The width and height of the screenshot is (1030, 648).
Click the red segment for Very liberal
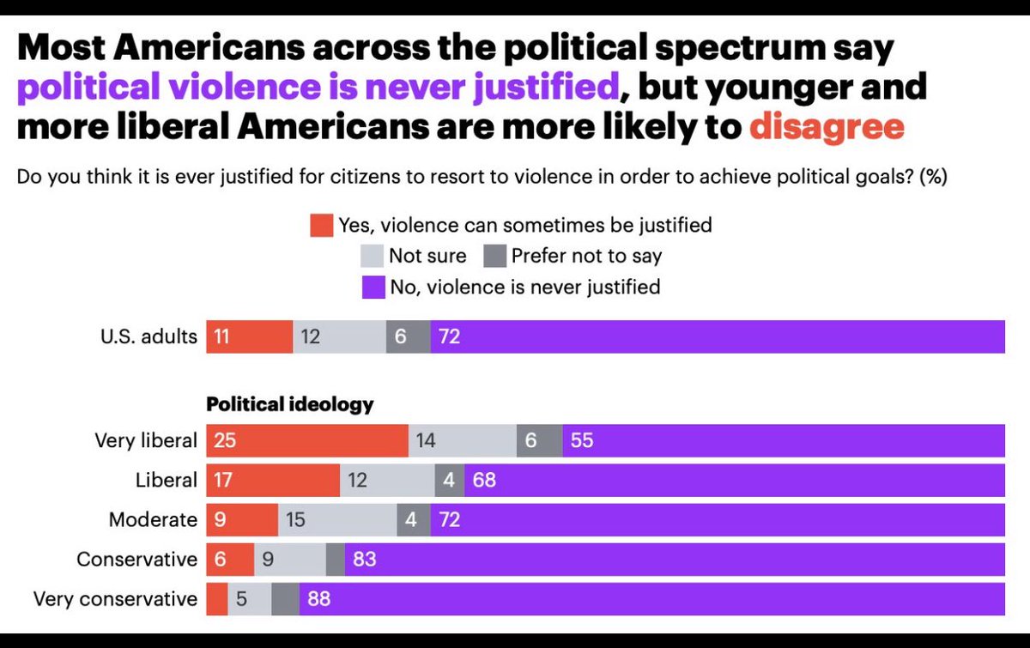(306, 441)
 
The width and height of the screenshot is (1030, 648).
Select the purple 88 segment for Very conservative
(651, 599)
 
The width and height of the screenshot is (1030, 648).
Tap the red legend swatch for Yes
(320, 226)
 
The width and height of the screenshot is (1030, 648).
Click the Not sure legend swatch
(371, 256)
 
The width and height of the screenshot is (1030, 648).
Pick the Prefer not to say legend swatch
(494, 256)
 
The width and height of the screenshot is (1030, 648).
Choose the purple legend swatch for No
(373, 287)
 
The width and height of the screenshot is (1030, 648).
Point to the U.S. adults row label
(147, 336)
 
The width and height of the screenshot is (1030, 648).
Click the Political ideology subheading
(290, 403)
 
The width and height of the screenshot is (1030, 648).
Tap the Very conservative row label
(115, 599)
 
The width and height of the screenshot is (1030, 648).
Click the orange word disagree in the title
(827, 127)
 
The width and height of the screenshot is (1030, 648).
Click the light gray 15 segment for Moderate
(337, 520)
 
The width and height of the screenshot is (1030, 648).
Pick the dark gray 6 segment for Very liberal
(539, 441)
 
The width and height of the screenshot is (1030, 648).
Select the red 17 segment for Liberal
(272, 481)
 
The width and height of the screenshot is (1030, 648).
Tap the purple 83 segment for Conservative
(674, 560)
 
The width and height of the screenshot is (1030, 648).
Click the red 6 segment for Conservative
(230, 560)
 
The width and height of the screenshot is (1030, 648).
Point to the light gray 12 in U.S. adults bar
(339, 336)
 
